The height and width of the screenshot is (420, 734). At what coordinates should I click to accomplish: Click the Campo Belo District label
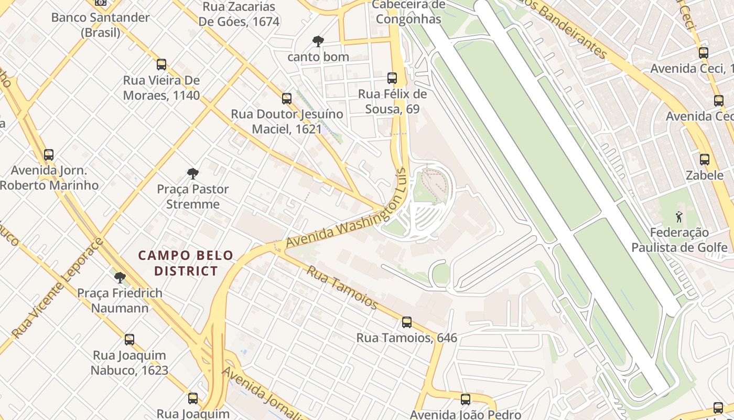(186, 263)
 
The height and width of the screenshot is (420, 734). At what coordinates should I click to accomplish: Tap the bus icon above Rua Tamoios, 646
(407, 322)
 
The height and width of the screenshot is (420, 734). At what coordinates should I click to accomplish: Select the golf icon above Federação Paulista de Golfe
(679, 216)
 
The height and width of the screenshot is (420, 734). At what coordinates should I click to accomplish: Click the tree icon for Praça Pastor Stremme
(193, 174)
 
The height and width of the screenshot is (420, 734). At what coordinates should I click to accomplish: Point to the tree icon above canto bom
(318, 41)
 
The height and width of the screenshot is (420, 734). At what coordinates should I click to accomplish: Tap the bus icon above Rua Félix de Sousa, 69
(392, 78)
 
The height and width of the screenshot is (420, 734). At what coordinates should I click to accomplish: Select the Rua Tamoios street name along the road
(342, 287)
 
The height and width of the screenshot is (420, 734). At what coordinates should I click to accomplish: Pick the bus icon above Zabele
(705, 160)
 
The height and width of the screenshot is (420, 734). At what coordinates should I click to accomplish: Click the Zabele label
(705, 175)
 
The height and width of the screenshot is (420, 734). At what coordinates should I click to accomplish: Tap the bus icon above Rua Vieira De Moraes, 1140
(161, 65)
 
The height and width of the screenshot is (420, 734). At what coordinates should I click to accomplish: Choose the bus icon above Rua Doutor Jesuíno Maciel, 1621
(287, 98)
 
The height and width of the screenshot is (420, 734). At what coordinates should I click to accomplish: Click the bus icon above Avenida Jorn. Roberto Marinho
(49, 155)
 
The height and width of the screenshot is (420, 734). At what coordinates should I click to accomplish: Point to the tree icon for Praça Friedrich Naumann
(120, 277)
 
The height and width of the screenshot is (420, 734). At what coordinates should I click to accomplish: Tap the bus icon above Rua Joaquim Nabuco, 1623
(129, 340)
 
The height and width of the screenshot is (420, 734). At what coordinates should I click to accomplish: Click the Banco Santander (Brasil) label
(100, 25)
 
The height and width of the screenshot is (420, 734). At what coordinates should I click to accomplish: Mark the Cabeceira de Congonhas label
(408, 12)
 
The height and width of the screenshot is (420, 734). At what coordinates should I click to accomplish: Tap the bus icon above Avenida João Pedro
(465, 400)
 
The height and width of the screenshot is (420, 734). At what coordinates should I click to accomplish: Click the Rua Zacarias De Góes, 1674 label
(239, 14)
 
